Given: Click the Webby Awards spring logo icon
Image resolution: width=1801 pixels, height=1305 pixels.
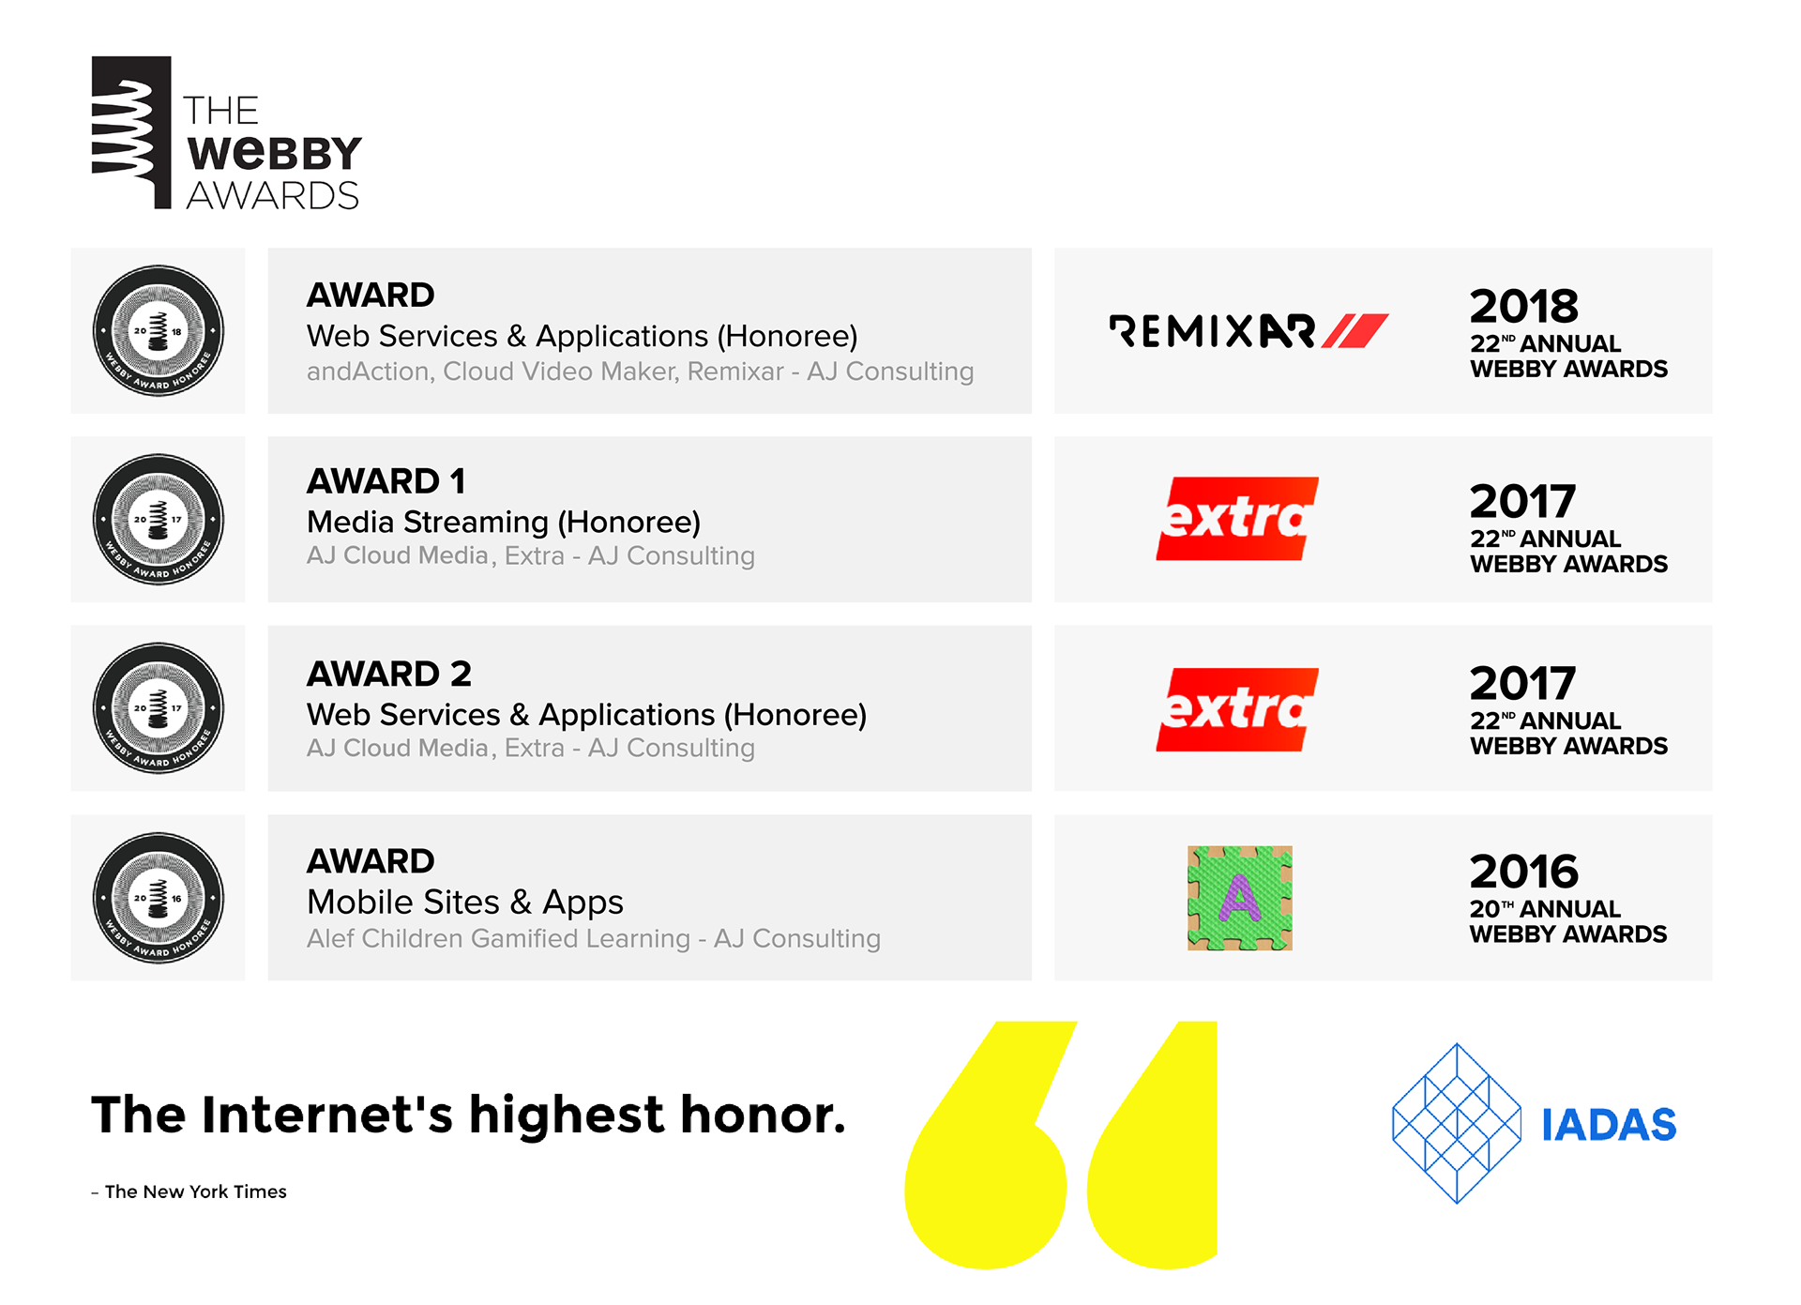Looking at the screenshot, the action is [131, 132].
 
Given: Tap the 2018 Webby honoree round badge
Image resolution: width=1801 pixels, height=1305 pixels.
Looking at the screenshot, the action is [159, 331].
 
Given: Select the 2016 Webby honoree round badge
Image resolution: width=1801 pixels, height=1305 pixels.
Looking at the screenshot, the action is [159, 898].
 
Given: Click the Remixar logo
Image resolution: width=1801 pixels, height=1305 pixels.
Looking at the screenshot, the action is [1249, 331].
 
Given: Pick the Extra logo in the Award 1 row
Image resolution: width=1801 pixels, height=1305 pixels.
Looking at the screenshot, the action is [1237, 519].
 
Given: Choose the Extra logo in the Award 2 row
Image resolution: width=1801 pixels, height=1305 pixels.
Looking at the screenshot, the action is [1237, 709].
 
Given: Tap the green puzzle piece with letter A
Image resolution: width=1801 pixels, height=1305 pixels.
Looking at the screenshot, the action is [1240, 898].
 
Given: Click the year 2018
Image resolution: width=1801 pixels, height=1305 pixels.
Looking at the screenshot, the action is [1524, 306].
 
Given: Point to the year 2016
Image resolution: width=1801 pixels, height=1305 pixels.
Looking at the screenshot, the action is [1524, 872].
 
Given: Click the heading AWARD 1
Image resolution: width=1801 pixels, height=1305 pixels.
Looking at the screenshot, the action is [386, 481].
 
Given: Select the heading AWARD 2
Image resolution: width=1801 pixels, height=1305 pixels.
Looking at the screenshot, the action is [389, 674].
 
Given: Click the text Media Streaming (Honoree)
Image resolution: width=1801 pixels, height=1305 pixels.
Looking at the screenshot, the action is [504, 522].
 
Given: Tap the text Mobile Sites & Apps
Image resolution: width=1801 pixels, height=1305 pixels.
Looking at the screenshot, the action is [465, 903].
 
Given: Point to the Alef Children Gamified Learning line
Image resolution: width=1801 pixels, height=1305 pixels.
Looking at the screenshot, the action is [594, 938].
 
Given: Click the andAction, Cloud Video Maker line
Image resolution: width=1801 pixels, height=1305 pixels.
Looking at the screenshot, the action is [641, 372].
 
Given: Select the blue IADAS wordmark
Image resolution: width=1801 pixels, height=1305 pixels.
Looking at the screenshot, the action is [1610, 1125].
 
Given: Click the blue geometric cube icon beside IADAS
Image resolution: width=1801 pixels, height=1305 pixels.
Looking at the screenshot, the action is [1457, 1123].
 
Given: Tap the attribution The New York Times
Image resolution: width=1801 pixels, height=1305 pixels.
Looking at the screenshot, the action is [196, 1191].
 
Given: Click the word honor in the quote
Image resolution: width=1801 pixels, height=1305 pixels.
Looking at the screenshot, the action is [763, 1115].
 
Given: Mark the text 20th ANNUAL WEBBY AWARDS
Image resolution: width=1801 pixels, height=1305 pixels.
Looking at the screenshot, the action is [1568, 921].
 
